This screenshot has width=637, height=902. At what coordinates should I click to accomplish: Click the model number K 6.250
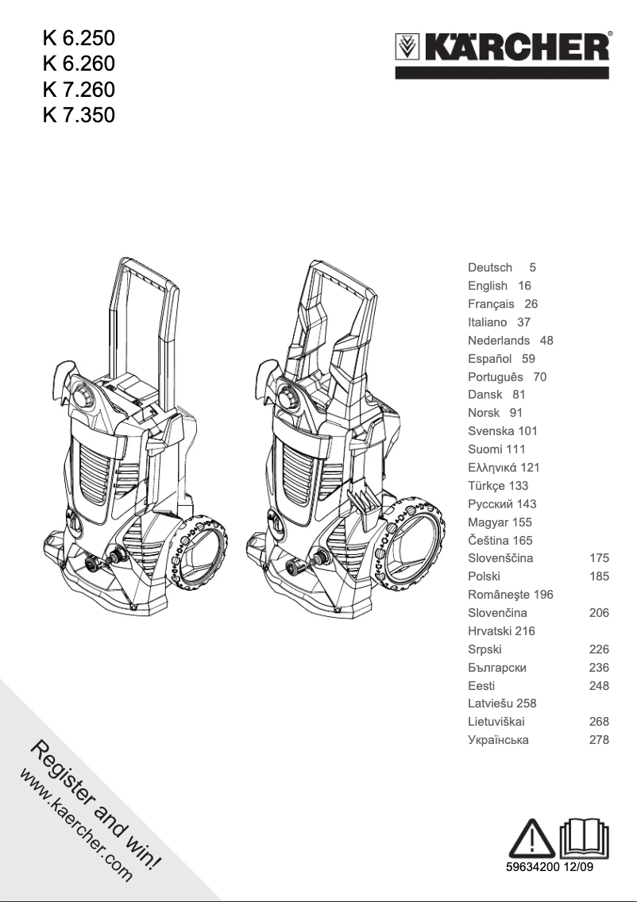click(79, 37)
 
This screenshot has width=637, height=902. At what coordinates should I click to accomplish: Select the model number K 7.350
click(79, 116)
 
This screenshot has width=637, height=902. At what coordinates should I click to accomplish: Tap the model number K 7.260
click(79, 90)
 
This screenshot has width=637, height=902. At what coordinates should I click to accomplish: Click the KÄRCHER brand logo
click(503, 49)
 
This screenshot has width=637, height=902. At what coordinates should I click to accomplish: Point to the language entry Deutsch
click(490, 268)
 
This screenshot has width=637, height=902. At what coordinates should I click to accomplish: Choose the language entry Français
click(491, 304)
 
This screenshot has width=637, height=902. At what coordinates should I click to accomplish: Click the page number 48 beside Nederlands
click(546, 341)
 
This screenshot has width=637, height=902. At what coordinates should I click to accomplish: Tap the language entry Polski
click(484, 576)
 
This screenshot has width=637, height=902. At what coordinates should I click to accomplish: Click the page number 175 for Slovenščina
click(599, 558)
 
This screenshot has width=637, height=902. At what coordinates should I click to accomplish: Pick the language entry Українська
click(498, 740)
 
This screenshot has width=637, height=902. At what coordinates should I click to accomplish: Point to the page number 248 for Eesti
click(599, 685)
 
